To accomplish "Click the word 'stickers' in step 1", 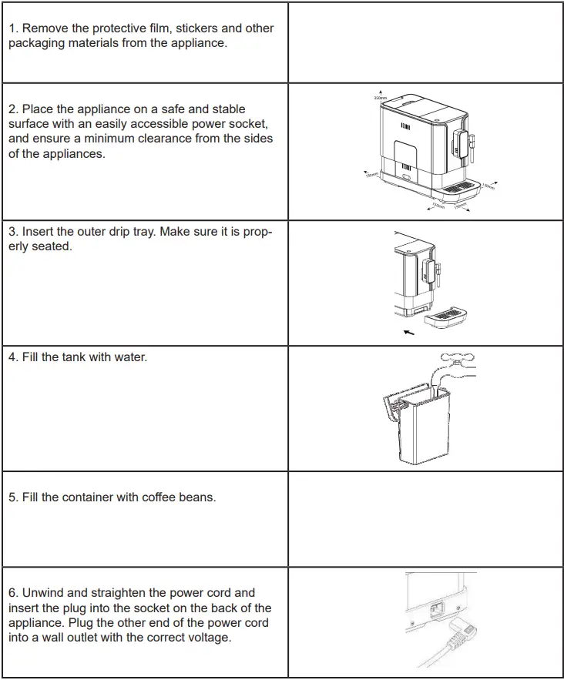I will [189, 28].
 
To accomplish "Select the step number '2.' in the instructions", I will [14, 109].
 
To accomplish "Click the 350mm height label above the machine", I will [379, 99].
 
